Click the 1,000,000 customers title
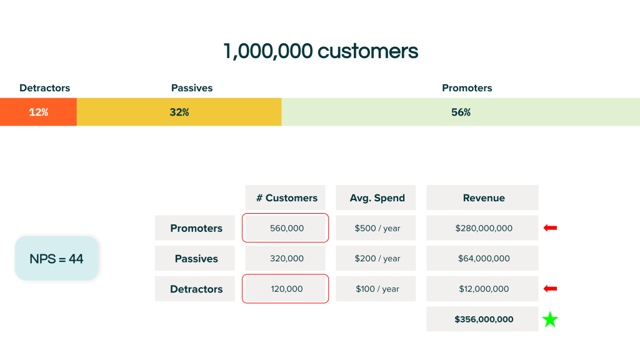point(320,51)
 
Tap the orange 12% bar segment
point(38,112)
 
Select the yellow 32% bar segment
point(179,112)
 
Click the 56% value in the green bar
point(461,112)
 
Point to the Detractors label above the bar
point(44,88)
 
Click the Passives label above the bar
point(192,88)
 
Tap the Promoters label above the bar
point(467,88)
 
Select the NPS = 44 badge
point(56,258)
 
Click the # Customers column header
point(286,198)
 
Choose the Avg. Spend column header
point(376,198)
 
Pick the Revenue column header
point(483,198)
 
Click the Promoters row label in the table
point(196,228)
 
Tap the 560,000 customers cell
point(286,228)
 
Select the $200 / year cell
point(376,258)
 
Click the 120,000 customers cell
point(286,289)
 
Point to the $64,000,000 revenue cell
point(482,258)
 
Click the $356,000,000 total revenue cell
point(483,319)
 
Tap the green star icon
point(550,320)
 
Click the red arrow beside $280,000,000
point(550,228)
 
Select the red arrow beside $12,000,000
point(550,289)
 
